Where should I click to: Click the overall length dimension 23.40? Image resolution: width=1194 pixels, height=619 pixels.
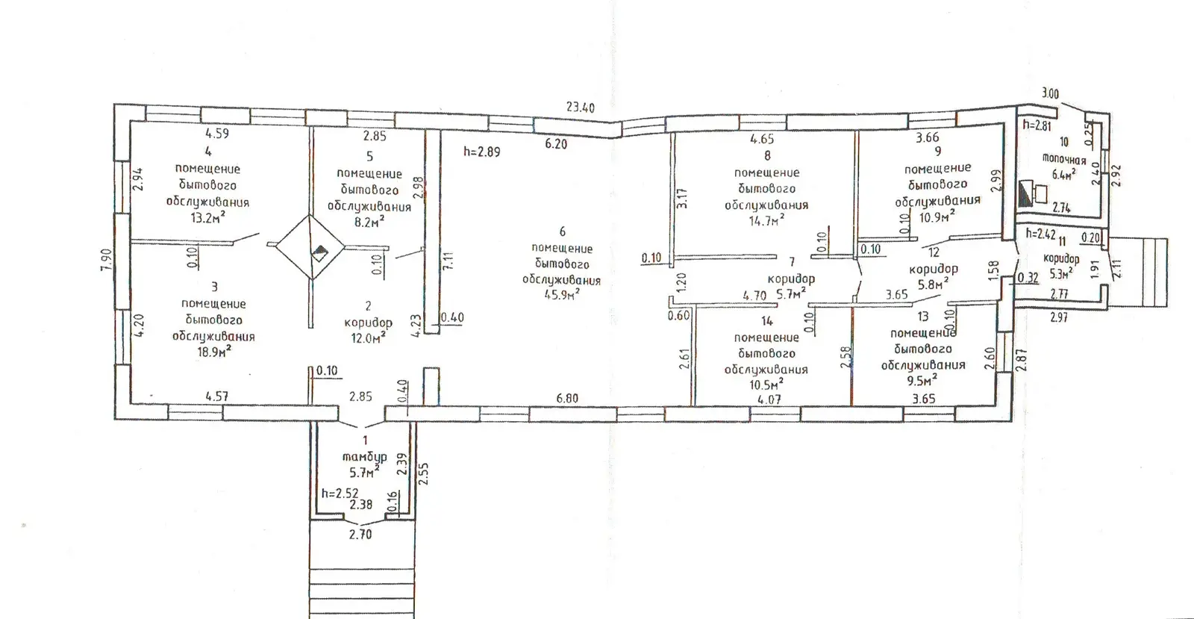[x=580, y=108]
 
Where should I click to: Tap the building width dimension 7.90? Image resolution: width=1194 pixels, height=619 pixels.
[x=107, y=260]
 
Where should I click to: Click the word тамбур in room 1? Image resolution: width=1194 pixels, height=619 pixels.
[x=365, y=457]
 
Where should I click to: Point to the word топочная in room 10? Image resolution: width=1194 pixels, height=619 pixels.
[x=1064, y=159]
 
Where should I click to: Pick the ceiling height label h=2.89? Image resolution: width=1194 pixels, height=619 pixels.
[x=482, y=152]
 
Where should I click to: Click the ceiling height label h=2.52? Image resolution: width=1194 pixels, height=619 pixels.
[x=340, y=493]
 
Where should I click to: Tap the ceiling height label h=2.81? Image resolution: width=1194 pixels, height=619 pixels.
[x=1037, y=125]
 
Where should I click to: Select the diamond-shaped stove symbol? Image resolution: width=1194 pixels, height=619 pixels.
[x=310, y=247]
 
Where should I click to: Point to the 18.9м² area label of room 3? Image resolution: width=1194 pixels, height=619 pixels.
[x=214, y=352]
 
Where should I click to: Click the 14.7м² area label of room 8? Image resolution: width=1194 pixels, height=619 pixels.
[x=766, y=220]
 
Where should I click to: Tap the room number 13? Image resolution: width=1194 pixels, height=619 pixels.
[x=922, y=317]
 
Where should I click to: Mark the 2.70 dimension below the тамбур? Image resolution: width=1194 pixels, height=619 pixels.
[x=360, y=534]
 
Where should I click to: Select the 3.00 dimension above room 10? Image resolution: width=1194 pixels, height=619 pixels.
[x=1050, y=94]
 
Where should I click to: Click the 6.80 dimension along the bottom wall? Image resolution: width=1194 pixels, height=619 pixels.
[x=566, y=398]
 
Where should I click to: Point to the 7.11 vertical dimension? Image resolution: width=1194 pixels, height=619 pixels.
[x=448, y=261]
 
